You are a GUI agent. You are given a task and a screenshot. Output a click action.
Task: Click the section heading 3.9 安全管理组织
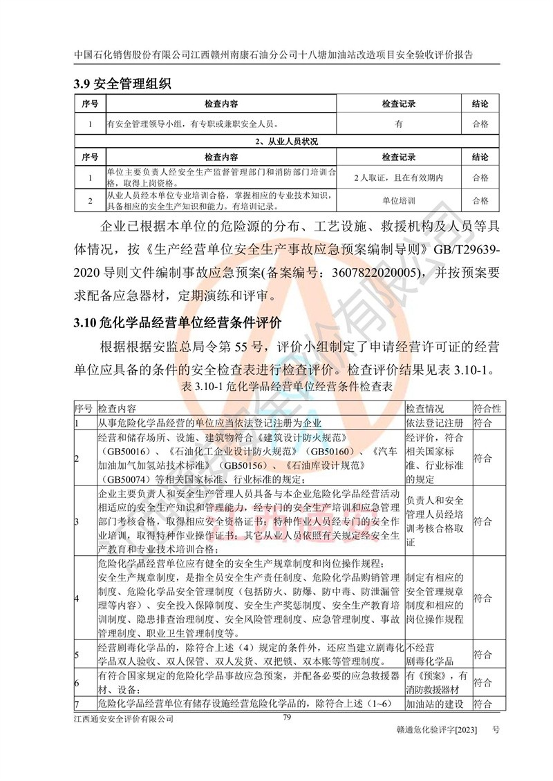point(122,85)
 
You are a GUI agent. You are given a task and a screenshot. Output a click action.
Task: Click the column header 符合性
point(487,408)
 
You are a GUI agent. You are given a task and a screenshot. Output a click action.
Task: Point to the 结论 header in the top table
point(480,104)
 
